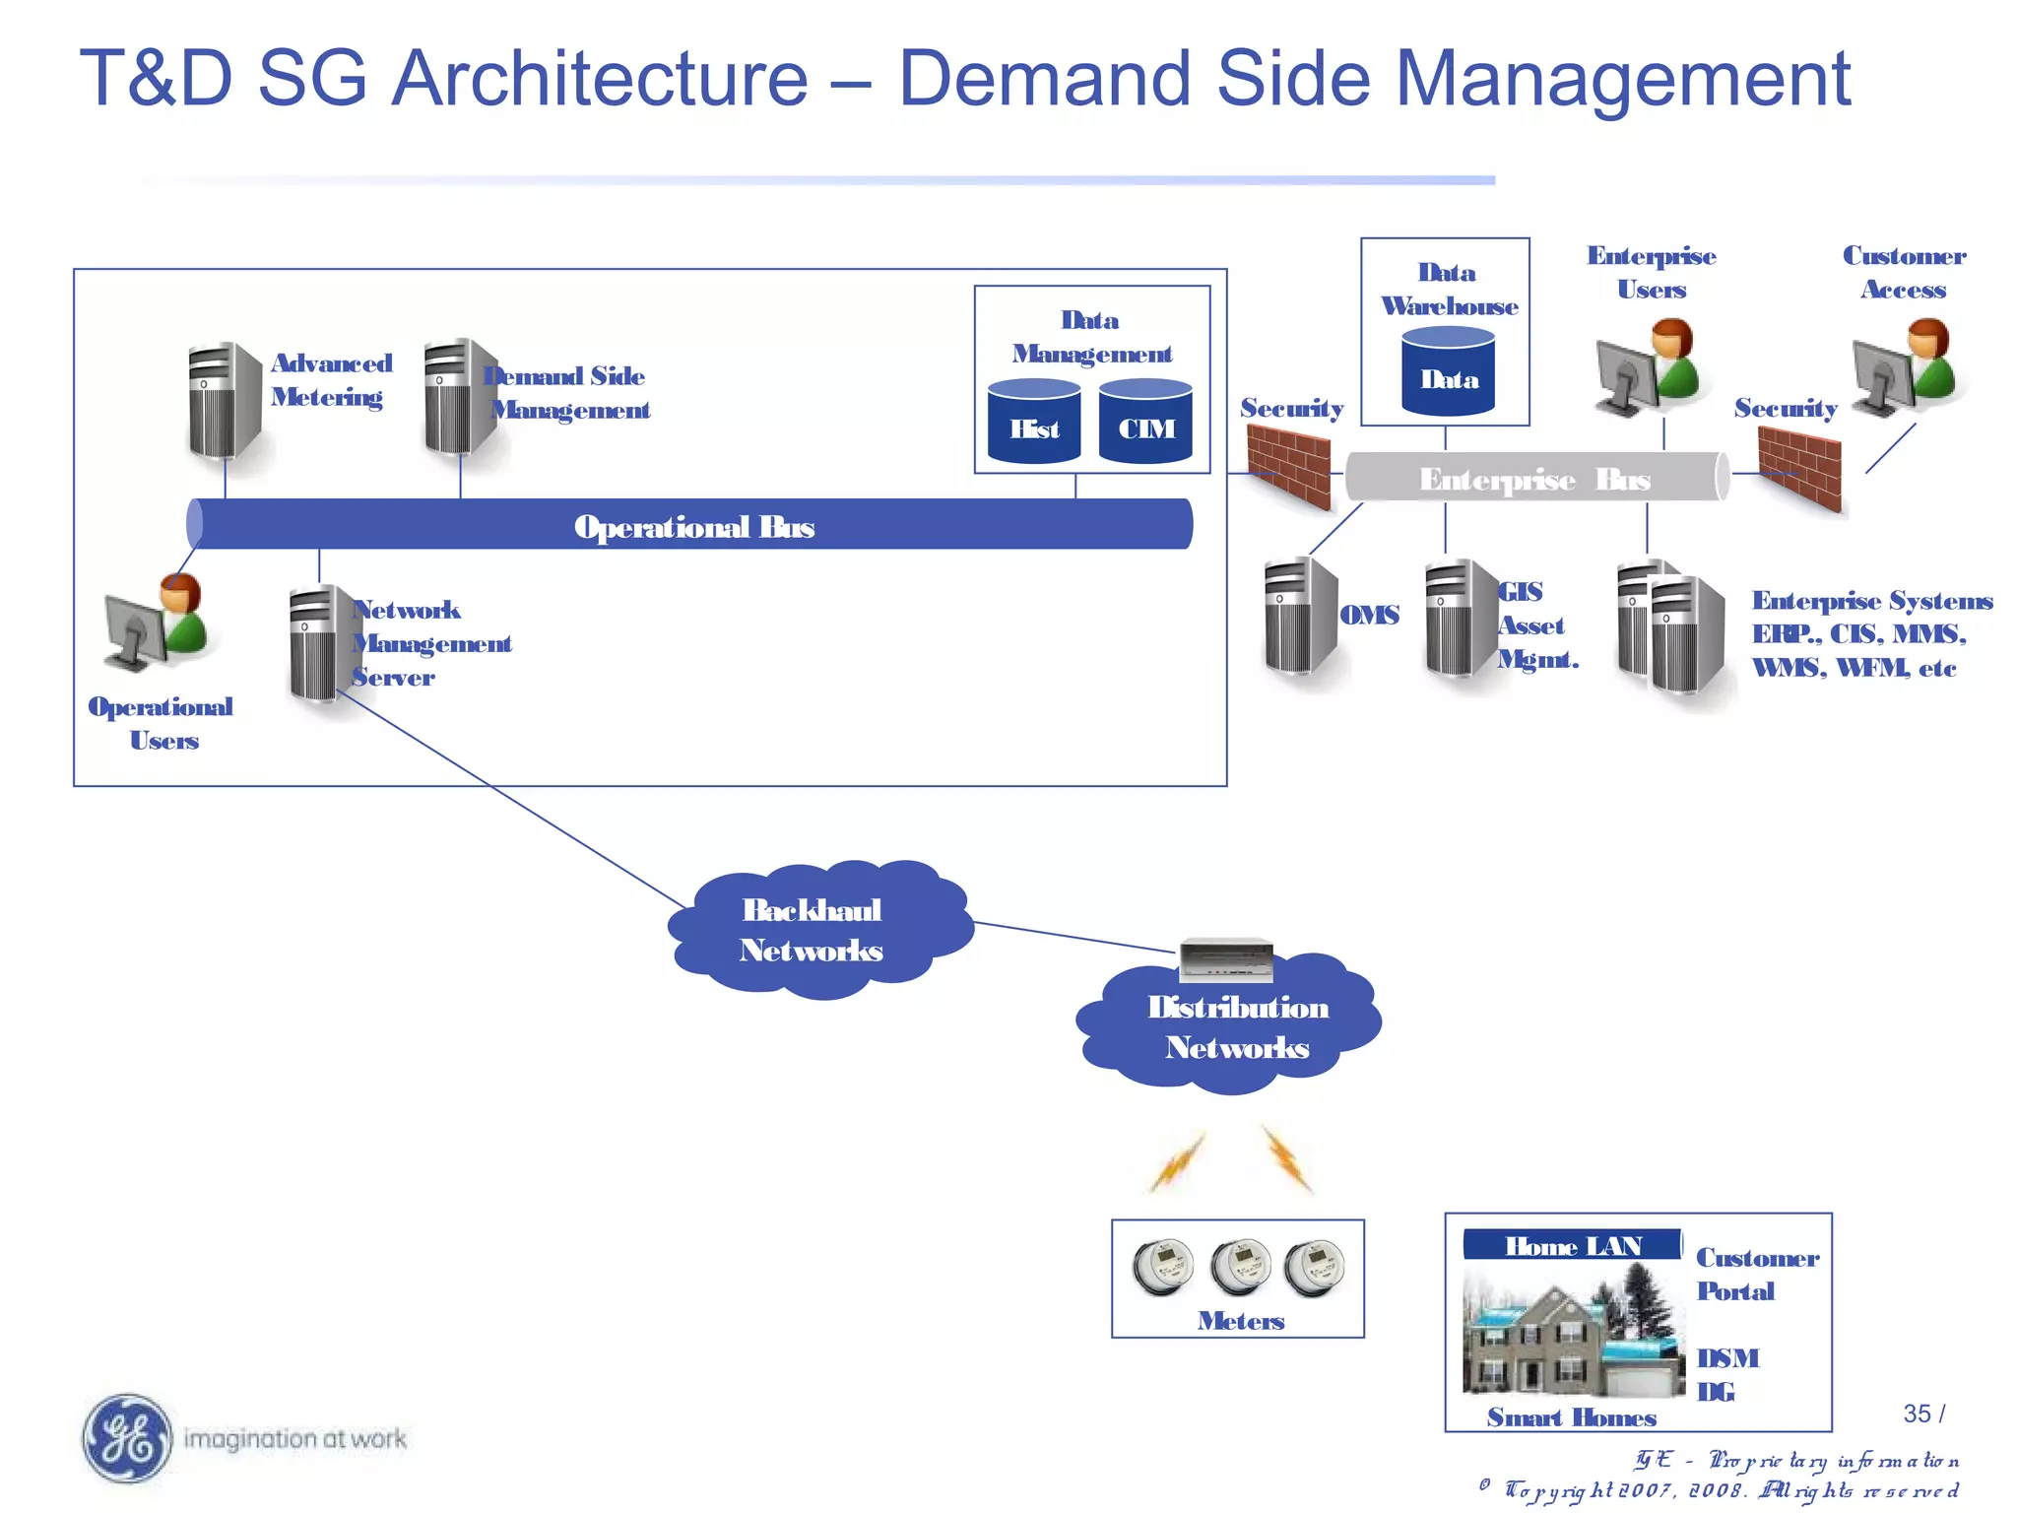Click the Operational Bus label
[693, 527]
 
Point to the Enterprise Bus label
[1533, 479]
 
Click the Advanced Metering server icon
[224, 401]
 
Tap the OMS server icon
[1299, 616]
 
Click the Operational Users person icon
[158, 621]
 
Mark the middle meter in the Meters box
[1239, 1267]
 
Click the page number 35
[1917, 1414]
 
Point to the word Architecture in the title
[599, 79]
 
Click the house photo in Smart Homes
[1572, 1330]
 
